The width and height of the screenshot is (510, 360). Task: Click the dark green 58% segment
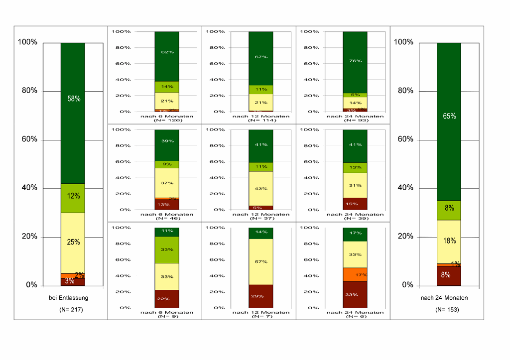click(x=73, y=113)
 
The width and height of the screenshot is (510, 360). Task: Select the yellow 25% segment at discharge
click(x=73, y=242)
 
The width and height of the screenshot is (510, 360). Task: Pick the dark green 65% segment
click(x=449, y=121)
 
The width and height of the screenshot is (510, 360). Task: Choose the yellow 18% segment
click(x=449, y=241)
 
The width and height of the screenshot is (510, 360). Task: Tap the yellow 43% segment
click(x=261, y=188)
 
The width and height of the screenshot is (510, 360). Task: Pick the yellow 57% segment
click(x=261, y=261)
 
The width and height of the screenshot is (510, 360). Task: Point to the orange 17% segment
click(x=355, y=274)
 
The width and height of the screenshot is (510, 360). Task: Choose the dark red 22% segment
click(x=167, y=298)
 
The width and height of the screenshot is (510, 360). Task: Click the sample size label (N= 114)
click(x=261, y=120)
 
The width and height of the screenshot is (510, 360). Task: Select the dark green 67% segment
click(x=261, y=58)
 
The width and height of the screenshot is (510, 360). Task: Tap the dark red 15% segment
click(x=355, y=204)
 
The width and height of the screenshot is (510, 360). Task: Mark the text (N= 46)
click(x=167, y=218)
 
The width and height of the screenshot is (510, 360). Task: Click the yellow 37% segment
click(x=167, y=183)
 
